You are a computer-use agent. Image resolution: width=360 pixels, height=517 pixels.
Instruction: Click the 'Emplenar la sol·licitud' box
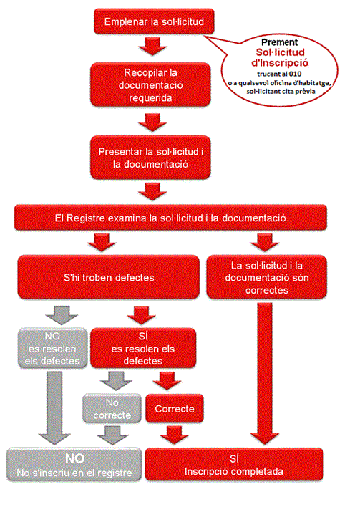click(154, 21)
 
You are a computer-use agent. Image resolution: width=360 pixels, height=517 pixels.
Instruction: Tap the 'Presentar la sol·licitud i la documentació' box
click(151, 158)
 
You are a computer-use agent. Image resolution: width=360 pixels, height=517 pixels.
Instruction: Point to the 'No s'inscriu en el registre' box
click(72, 465)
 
